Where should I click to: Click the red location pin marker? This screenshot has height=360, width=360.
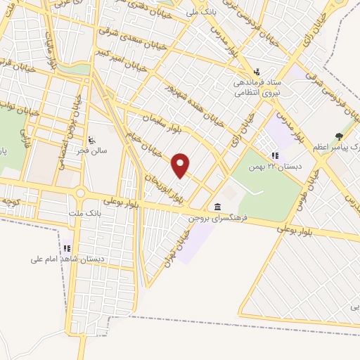point(181,166)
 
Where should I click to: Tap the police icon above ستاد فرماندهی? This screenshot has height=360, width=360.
point(257,71)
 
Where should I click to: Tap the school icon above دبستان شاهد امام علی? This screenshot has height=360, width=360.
point(67,248)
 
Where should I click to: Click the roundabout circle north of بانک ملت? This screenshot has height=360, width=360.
point(79,192)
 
